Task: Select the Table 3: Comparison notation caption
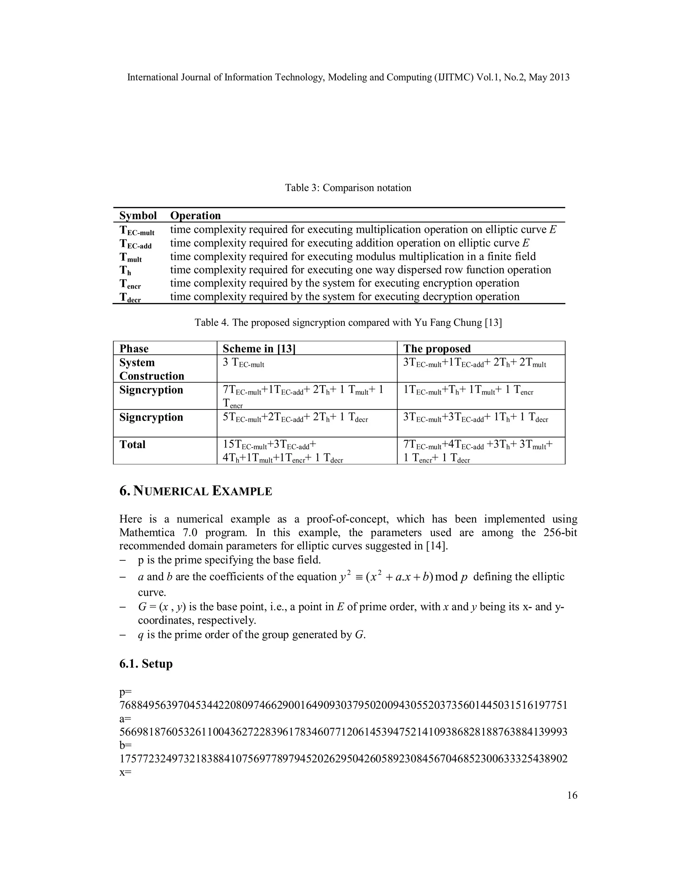(348, 188)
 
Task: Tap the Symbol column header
(138, 215)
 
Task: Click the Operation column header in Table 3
(195, 215)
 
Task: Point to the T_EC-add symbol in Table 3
(135, 244)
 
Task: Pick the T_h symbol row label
(125, 270)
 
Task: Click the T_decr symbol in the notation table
(130, 297)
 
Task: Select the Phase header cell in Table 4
(134, 348)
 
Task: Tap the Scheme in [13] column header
(259, 348)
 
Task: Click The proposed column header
(437, 348)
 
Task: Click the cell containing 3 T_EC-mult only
(243, 363)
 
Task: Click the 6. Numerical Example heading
(195, 491)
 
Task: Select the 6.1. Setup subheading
(146, 664)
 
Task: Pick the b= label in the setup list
(125, 745)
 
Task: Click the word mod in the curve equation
(446, 577)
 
